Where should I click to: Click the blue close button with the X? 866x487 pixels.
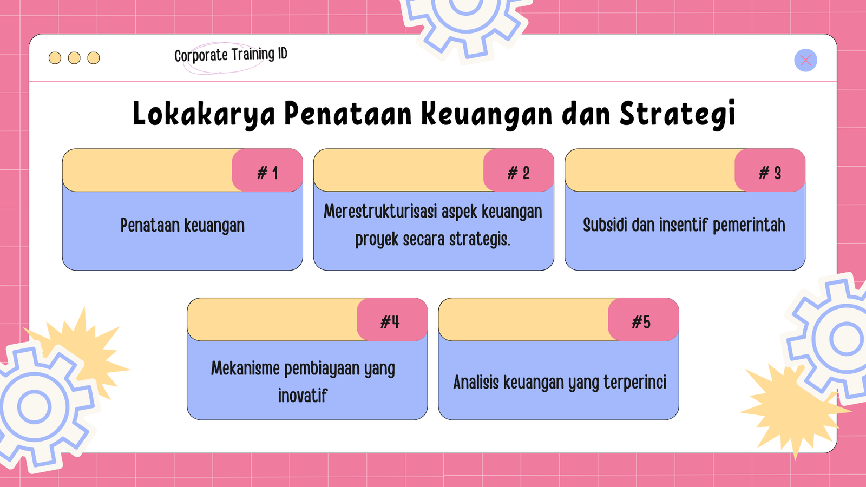point(805,60)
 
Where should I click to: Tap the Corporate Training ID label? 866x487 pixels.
point(231,55)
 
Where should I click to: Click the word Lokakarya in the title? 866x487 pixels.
point(204,114)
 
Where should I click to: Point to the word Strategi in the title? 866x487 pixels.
point(677,114)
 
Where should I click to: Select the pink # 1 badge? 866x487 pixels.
point(267,170)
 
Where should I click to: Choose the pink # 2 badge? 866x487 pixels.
point(519,170)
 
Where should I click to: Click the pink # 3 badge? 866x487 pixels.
point(770,170)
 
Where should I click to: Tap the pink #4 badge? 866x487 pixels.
point(392,320)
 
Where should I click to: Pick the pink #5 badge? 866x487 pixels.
point(644,320)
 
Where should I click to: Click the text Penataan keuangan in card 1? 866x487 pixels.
point(182,225)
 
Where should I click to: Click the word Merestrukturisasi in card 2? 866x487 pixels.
point(380,212)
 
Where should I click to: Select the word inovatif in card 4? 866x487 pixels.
point(303,396)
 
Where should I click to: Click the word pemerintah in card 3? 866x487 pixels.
point(749,225)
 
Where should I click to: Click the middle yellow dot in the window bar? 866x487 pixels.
point(74,58)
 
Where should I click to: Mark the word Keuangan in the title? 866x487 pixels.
point(487,115)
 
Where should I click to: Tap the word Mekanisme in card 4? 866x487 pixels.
point(245,368)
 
